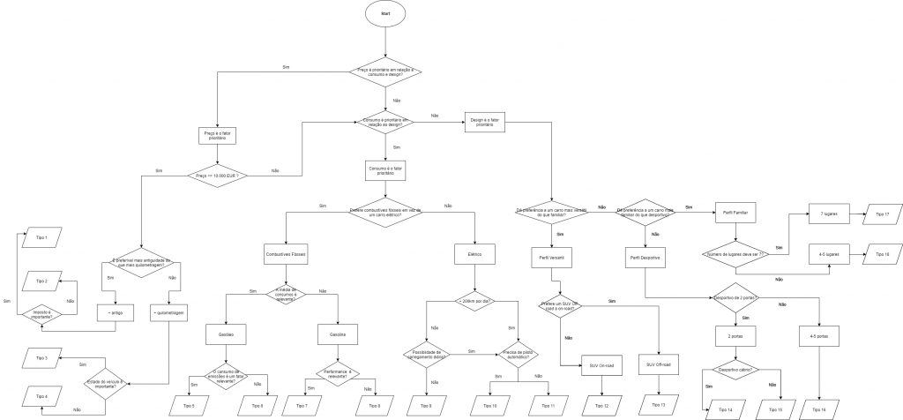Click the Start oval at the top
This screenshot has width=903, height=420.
coord(385,14)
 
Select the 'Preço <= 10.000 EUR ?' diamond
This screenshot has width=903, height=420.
coord(216,176)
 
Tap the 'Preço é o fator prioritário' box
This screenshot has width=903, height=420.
coord(216,137)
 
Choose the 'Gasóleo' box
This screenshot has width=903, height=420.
coord(227,335)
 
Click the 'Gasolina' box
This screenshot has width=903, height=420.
coord(337,335)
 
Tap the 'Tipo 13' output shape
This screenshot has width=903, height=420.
coord(658,404)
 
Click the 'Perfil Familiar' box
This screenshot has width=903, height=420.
coord(734,214)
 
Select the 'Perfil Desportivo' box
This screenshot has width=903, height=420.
coord(646,258)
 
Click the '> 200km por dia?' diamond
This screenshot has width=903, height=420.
coord(475,300)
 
